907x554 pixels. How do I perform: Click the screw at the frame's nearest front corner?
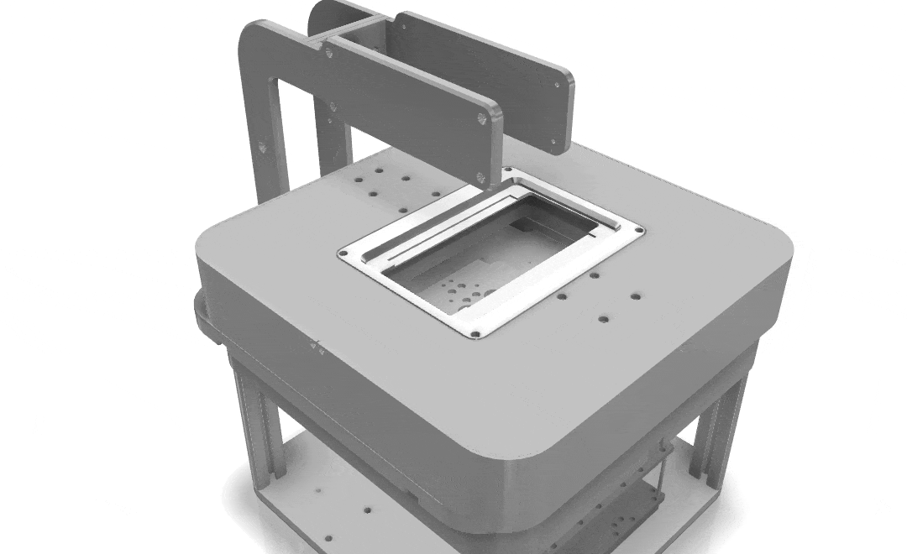pyautogui.click(x=475, y=333)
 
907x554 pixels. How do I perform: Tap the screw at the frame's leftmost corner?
pyautogui.click(x=343, y=251)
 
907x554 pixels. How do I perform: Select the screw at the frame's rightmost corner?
pyautogui.click(x=639, y=229)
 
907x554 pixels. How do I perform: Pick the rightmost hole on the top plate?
pyautogui.click(x=635, y=295)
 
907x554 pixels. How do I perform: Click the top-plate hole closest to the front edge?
pyautogui.click(x=603, y=318)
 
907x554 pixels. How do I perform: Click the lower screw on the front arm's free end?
pyautogui.click(x=480, y=176)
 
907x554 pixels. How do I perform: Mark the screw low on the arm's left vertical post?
pyautogui.click(x=262, y=147)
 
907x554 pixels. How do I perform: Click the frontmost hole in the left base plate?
pyautogui.click(x=328, y=538)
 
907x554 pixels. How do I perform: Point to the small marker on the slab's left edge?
pyautogui.click(x=317, y=345)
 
